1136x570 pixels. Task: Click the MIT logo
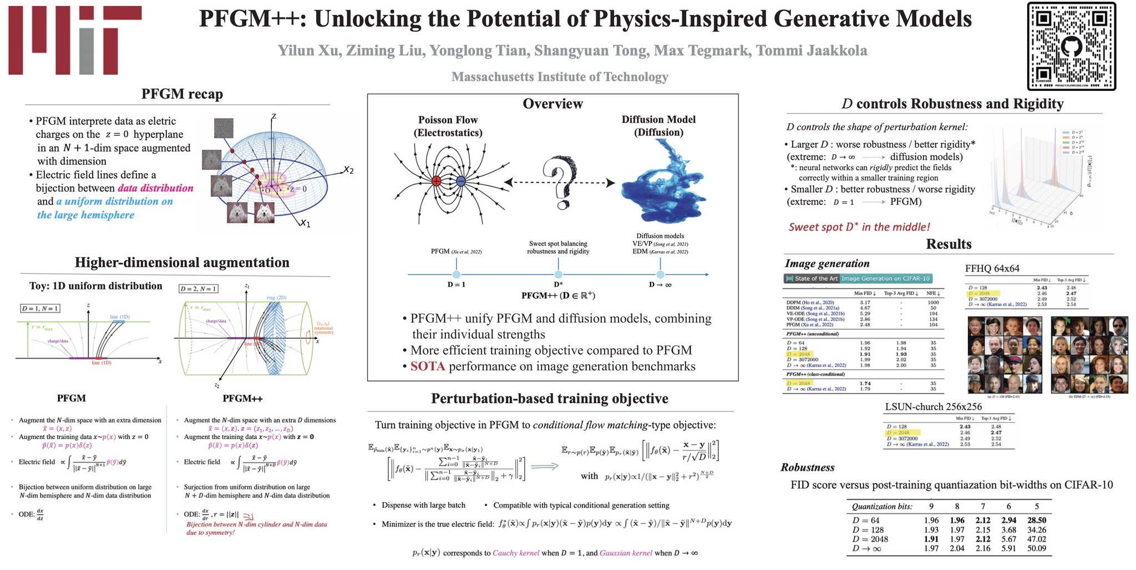pos(74,40)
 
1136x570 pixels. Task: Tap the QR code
pos(1071,45)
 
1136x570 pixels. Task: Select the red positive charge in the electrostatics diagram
pos(437,181)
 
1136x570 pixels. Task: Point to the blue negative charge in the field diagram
pos(460,181)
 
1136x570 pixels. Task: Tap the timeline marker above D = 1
pos(456,274)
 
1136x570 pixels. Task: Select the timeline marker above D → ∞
pos(660,274)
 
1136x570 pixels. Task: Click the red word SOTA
pos(427,367)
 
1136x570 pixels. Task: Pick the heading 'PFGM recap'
pos(182,94)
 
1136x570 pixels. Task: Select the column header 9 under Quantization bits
pos(931,506)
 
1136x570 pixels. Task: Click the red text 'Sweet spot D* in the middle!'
pos(859,227)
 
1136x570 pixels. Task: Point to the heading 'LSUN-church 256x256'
pos(933,407)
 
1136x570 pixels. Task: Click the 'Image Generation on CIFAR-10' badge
pos(885,278)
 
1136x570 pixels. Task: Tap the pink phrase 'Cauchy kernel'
pos(515,553)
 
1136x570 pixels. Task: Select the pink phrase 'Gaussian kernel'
pos(626,553)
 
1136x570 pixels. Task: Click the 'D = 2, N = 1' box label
pos(198,289)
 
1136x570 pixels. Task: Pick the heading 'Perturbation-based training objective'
pos(549,399)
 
